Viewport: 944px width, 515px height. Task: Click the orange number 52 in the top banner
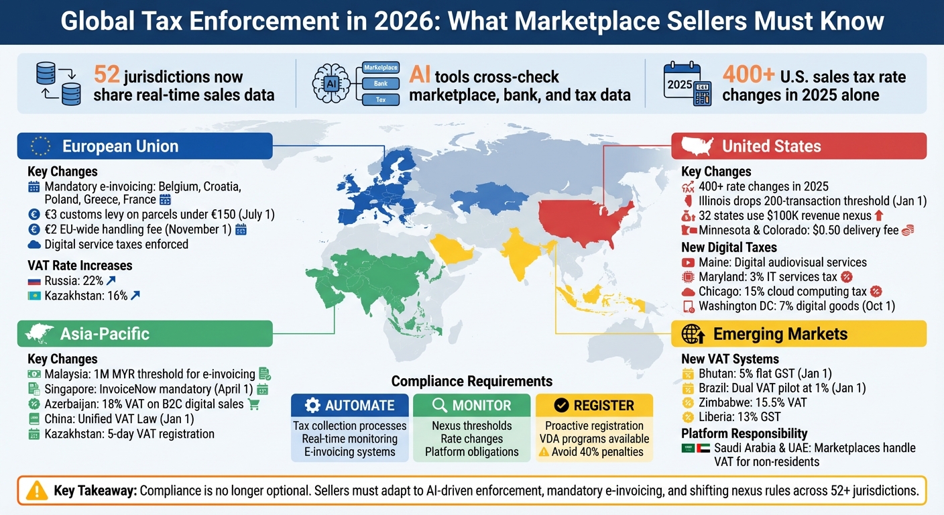click(x=107, y=74)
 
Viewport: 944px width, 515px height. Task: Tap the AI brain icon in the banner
click(x=333, y=84)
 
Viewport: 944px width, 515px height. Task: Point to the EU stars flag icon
click(x=40, y=146)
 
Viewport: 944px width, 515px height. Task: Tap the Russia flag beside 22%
click(x=34, y=281)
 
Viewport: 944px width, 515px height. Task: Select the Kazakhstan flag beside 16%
click(x=34, y=296)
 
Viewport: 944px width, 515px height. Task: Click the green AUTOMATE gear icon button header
click(x=349, y=405)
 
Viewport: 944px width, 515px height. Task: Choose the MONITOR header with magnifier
click(x=471, y=405)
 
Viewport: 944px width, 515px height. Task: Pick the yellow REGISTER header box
click(x=594, y=405)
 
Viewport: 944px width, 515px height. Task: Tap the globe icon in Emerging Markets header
click(x=693, y=333)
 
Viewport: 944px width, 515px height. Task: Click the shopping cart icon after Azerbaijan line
click(x=253, y=404)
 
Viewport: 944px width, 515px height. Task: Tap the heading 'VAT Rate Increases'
click(x=80, y=266)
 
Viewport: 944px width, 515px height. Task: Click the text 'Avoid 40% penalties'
click(x=597, y=452)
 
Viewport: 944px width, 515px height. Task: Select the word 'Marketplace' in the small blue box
click(x=380, y=68)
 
